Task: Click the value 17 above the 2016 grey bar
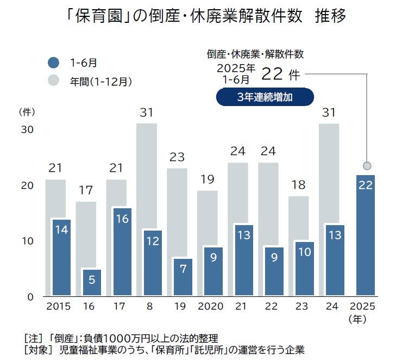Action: pyautogui.click(x=85, y=190)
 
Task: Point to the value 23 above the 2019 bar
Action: pyautogui.click(x=177, y=157)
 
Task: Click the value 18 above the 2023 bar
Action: pyautogui.click(x=298, y=185)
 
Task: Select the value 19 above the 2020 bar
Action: pyautogui.click(x=207, y=179)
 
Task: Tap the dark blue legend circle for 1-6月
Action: pyautogui.click(x=53, y=63)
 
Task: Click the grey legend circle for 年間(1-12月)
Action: pyautogui.click(x=53, y=81)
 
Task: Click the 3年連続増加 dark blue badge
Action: pyautogui.click(x=265, y=97)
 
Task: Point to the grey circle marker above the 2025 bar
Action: pyautogui.click(x=367, y=165)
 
